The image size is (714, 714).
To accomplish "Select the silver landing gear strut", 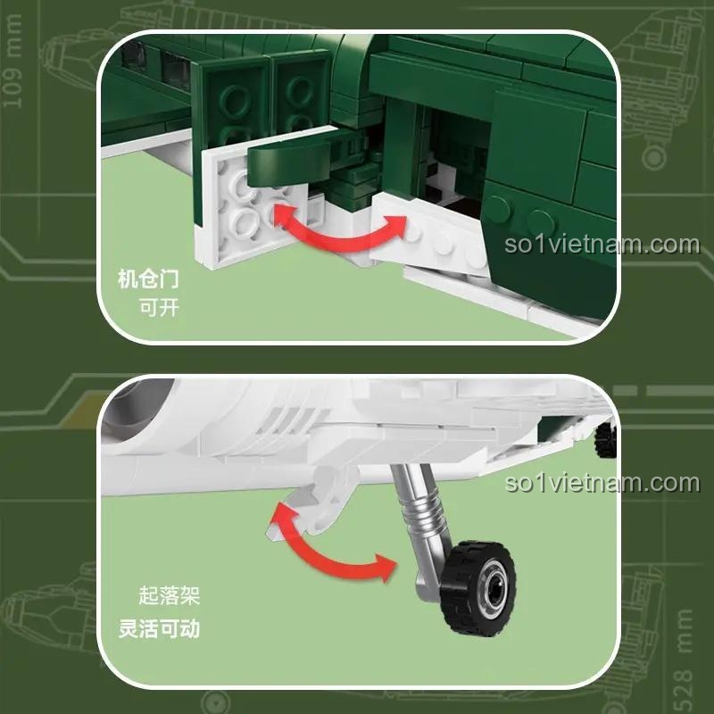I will click(x=418, y=527).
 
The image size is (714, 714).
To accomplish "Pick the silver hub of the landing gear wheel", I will click(x=493, y=589).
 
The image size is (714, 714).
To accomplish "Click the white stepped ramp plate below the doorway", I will click(x=428, y=237).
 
